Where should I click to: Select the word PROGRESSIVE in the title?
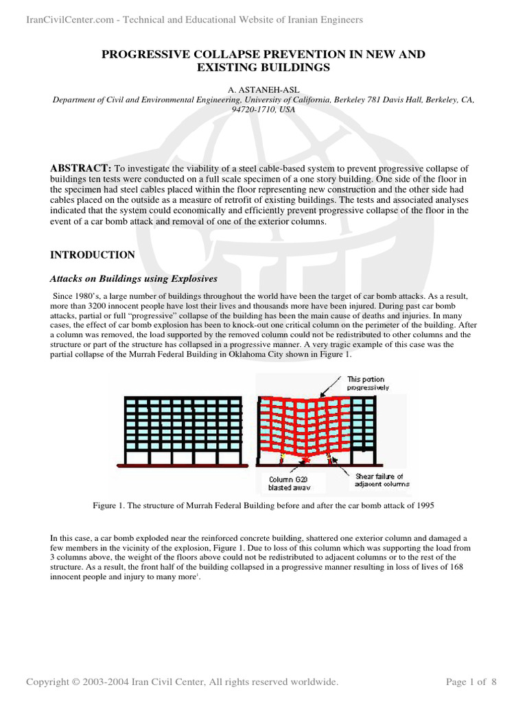click(x=148, y=53)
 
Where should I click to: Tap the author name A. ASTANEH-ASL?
click(x=263, y=89)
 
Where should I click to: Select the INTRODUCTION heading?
click(x=93, y=255)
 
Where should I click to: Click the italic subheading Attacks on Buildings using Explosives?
click(x=134, y=278)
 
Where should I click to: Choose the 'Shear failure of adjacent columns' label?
click(x=382, y=480)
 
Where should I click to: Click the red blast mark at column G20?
click(x=296, y=458)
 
